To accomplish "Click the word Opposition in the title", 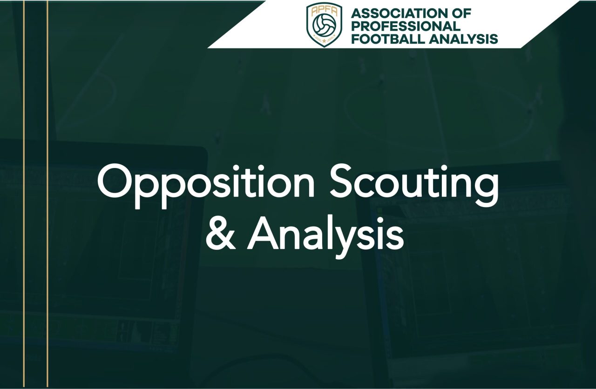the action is pyautogui.click(x=206, y=186).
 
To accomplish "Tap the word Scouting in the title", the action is pyautogui.click(x=414, y=186).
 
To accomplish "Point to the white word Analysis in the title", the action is pyautogui.click(x=325, y=237).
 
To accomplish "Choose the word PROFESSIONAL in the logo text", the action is pyautogui.click(x=406, y=26).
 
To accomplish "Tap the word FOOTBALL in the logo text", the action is pyautogui.click(x=388, y=39).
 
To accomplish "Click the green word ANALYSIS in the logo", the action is pyautogui.click(x=463, y=39).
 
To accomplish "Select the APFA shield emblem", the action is pyautogui.click(x=325, y=25).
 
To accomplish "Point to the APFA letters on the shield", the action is pyautogui.click(x=324, y=11).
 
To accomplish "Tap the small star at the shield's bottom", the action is pyautogui.click(x=324, y=41).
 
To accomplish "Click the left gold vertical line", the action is pyautogui.click(x=24, y=194).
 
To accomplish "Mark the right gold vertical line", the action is pyautogui.click(x=47, y=194).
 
